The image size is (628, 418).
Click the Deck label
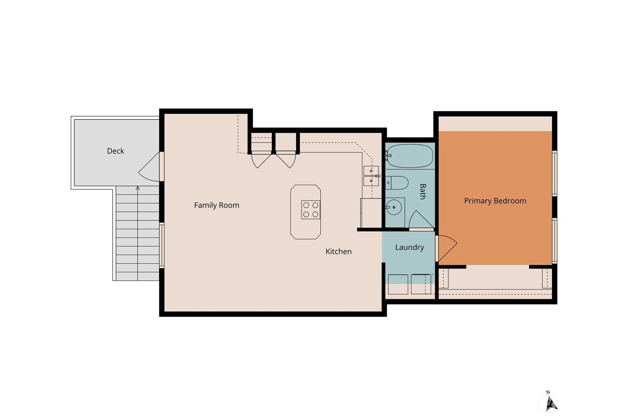[115, 151]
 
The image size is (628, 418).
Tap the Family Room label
[217, 205]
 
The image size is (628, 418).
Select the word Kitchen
[338, 252]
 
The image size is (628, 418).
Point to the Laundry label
[409, 247]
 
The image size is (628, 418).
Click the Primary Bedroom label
[495, 201]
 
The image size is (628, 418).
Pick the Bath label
[423, 191]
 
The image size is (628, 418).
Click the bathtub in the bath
[410, 156]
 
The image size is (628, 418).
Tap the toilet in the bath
[397, 183]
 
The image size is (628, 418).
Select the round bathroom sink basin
[394, 207]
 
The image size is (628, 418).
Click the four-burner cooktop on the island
[310, 210]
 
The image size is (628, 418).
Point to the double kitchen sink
[371, 176]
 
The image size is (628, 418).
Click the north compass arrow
[551, 404]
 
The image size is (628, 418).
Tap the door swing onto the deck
[149, 167]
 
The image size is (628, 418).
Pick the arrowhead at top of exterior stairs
[137, 188]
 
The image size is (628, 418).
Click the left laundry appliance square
[398, 284]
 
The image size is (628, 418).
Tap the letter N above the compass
[548, 392]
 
